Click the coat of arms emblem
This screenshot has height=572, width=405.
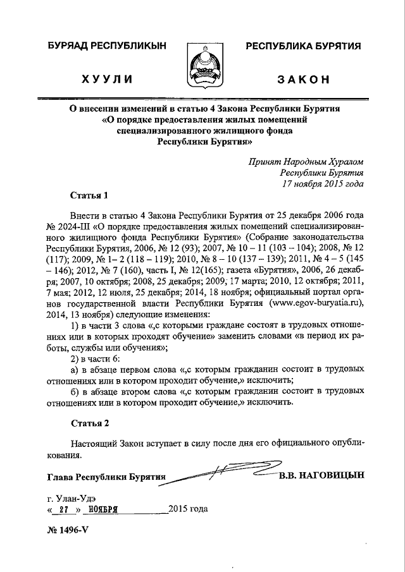203,64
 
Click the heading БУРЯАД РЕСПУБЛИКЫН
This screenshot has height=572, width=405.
105,46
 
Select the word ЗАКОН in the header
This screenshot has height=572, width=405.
303,79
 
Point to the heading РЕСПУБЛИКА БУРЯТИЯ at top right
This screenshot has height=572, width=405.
303,46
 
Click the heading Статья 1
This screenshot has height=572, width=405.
85,194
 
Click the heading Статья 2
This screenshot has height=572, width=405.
85,422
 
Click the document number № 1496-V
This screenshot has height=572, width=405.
67,529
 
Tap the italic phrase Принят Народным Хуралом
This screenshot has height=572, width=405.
306,161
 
